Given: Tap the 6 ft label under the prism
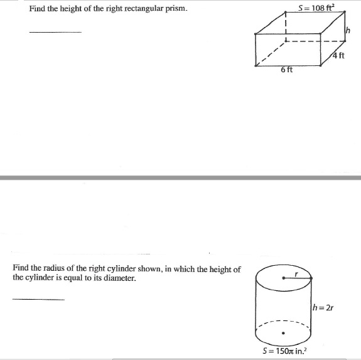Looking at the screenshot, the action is [x=286, y=70].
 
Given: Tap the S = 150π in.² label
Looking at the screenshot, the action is [x=283, y=351].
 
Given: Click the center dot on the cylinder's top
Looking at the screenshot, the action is [x=283, y=276].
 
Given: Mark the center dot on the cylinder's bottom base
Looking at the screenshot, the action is [x=283, y=333].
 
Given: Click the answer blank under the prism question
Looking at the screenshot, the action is [x=55, y=31].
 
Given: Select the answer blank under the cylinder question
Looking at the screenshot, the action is [x=38, y=299].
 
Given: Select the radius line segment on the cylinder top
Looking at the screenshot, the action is [x=298, y=276].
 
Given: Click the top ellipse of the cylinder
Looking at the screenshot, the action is [x=283, y=266].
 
